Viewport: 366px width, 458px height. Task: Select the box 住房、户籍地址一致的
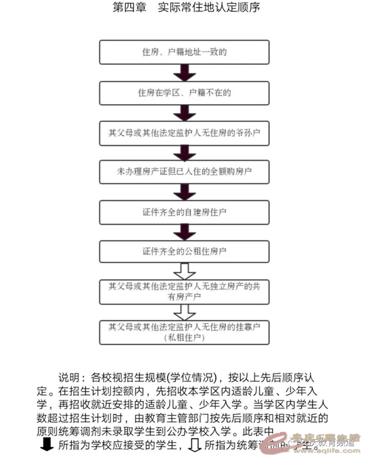pos(184,52)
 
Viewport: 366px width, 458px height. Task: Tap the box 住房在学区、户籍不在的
pos(184,92)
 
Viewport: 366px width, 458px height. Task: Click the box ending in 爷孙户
pos(184,132)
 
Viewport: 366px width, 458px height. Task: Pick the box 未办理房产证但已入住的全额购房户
pos(184,171)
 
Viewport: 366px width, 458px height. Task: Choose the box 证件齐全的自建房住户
pos(184,211)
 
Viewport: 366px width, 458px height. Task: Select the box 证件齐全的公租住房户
pos(184,251)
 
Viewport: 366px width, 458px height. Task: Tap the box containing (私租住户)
pos(184,332)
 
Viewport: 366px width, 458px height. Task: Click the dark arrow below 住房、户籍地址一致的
pos(184,72)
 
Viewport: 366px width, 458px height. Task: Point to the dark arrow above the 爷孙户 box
pos(184,112)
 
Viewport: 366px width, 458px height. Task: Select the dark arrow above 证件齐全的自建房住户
pos(184,191)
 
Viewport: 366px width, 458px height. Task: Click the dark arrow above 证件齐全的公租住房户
pos(184,231)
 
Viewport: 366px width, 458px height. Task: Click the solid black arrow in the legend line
pos(45,444)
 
